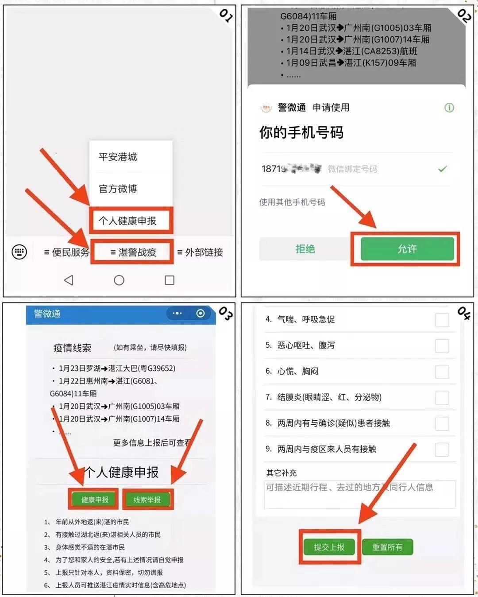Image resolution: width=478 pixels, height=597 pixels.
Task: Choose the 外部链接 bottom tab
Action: tap(200, 252)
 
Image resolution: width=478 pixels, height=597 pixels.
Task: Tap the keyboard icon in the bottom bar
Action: tap(19, 252)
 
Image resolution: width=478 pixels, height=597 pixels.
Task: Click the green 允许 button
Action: tap(407, 249)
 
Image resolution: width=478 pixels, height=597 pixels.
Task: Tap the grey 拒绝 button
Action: tap(305, 249)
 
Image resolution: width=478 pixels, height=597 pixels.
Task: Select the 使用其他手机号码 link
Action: tap(292, 202)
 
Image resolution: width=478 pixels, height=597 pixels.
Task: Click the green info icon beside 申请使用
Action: tap(449, 108)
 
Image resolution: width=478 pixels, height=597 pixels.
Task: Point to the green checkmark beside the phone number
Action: tap(442, 169)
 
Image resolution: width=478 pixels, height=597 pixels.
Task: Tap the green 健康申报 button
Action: tap(95, 500)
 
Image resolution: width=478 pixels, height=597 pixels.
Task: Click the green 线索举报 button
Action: tap(147, 500)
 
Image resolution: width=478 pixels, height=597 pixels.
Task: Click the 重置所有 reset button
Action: tap(387, 547)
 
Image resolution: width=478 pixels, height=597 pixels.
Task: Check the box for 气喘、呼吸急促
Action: tap(442, 320)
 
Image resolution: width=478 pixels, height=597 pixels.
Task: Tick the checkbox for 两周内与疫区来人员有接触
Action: tap(442, 449)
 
